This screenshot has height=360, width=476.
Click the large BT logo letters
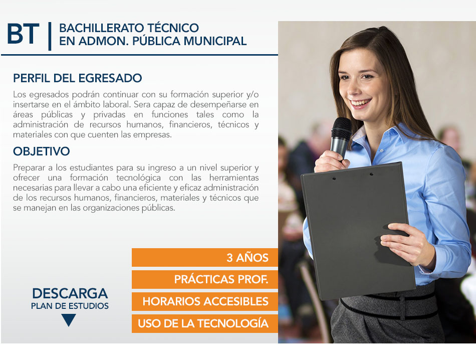[x=23, y=34]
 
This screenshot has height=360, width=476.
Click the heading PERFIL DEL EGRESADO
[x=77, y=78]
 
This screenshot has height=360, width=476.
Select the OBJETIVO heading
[x=41, y=151]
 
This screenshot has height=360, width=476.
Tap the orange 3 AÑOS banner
[x=205, y=258]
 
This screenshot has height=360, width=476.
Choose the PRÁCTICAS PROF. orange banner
[x=205, y=279]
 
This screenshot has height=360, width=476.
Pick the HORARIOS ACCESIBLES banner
[x=205, y=301]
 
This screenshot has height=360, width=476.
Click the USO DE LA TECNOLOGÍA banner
[x=205, y=323]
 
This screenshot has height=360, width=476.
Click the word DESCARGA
[x=70, y=293]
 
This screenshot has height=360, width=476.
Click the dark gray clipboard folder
[x=358, y=231]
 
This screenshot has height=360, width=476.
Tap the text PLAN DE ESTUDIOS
[x=70, y=306]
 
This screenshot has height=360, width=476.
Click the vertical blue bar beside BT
[x=50, y=36]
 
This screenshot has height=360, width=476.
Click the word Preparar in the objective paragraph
[x=29, y=167]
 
